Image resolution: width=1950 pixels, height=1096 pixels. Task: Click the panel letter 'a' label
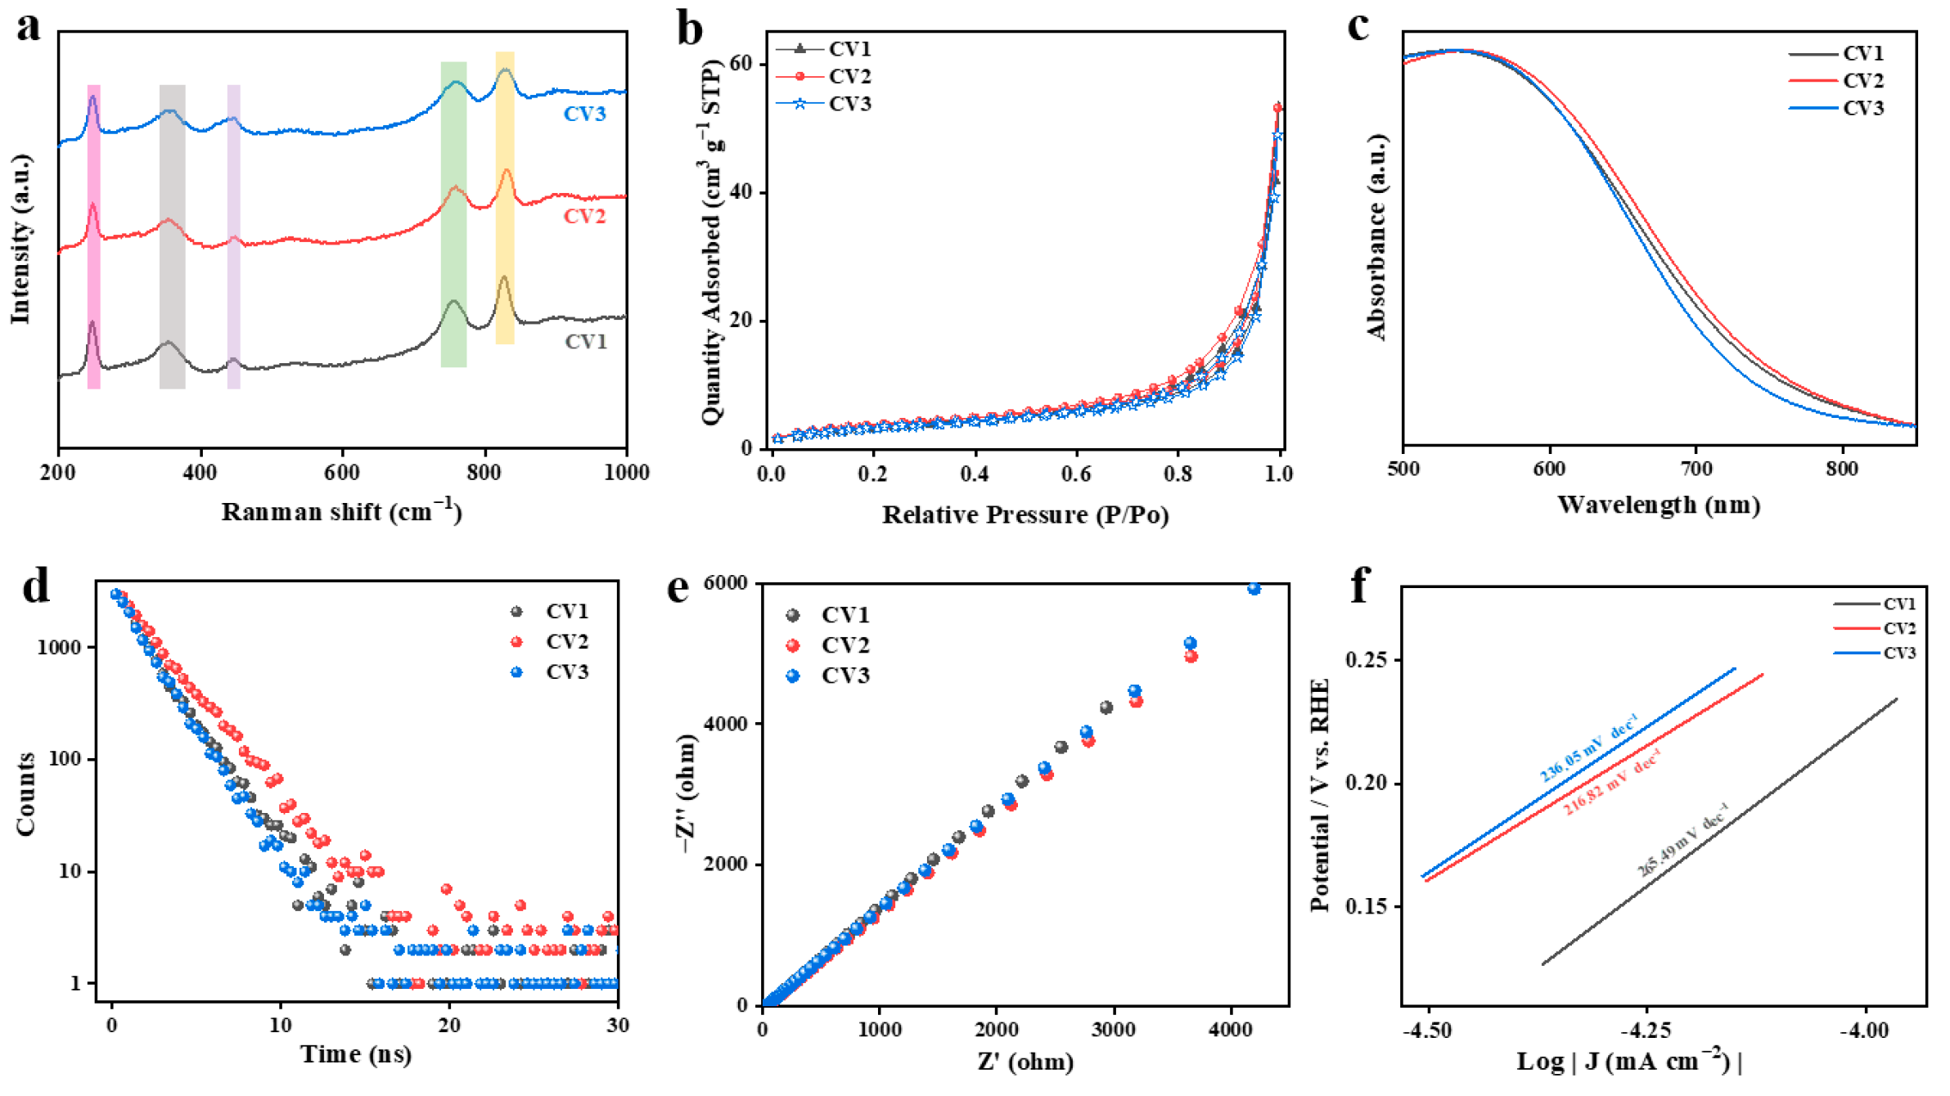(28, 27)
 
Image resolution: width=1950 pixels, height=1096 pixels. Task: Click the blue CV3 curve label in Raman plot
(584, 114)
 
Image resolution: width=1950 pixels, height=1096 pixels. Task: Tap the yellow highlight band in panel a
(505, 196)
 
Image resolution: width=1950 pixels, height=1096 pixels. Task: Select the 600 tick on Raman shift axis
(341, 473)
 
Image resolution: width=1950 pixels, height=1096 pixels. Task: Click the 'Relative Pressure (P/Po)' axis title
(1025, 514)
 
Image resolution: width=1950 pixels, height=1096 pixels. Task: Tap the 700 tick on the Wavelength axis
(1696, 469)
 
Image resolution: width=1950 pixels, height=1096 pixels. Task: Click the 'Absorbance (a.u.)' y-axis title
(1377, 237)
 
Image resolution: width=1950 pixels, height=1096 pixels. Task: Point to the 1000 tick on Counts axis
(59, 648)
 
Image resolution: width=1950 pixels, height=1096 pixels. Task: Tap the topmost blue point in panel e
(1254, 589)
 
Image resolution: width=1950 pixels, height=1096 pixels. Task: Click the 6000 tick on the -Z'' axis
(725, 583)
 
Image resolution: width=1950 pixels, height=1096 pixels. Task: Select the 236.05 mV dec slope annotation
(1588, 748)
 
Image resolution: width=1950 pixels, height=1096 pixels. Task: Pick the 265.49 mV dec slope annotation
(1683, 839)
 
